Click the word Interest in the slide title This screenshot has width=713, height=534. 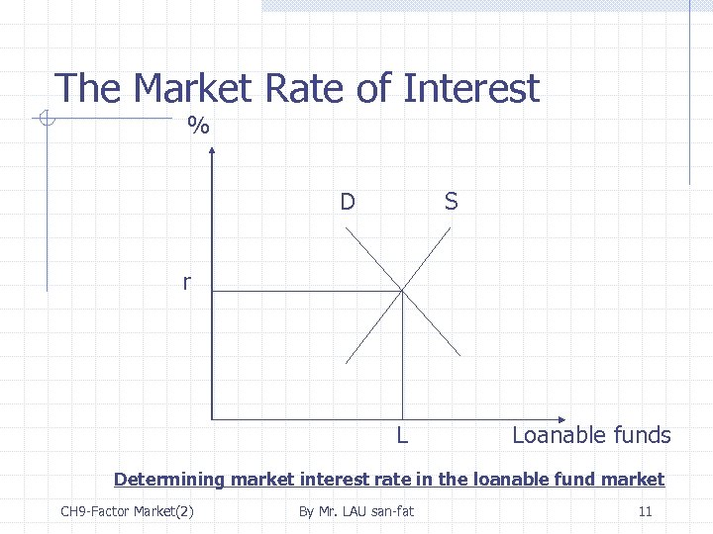470,89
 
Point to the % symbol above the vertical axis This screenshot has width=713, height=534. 199,126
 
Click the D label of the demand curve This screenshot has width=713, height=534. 347,203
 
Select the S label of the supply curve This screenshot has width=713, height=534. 452,203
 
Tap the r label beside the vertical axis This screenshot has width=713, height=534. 186,283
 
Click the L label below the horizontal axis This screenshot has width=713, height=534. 402,435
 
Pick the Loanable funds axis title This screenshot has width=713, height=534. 591,435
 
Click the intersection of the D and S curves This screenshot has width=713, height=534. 402,291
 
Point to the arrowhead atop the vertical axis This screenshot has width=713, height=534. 211,149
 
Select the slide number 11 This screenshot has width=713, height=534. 645,511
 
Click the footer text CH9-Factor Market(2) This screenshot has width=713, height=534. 127,511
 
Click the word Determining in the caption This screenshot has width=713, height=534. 169,480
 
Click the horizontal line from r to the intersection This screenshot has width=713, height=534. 307,291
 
